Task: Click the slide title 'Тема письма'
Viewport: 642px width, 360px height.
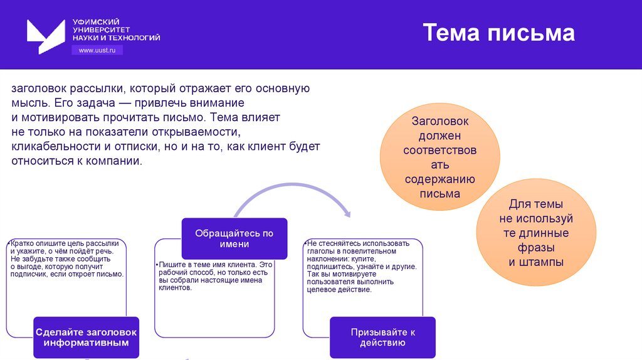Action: coord(498,33)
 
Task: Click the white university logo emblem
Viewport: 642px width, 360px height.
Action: coord(46,35)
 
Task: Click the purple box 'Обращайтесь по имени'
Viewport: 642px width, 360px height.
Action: coord(234,238)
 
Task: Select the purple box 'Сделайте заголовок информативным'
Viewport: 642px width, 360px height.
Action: coord(87,337)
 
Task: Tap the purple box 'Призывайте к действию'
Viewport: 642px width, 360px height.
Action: coord(382,337)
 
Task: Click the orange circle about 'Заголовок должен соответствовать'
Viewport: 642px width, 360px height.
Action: coord(439,157)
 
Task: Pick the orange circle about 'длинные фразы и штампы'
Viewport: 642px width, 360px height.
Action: coord(535,233)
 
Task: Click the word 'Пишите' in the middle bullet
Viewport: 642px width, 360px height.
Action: coord(172,265)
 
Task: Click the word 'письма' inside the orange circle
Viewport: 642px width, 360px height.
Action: coord(439,194)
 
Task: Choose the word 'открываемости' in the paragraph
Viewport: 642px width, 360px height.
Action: coord(203,132)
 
